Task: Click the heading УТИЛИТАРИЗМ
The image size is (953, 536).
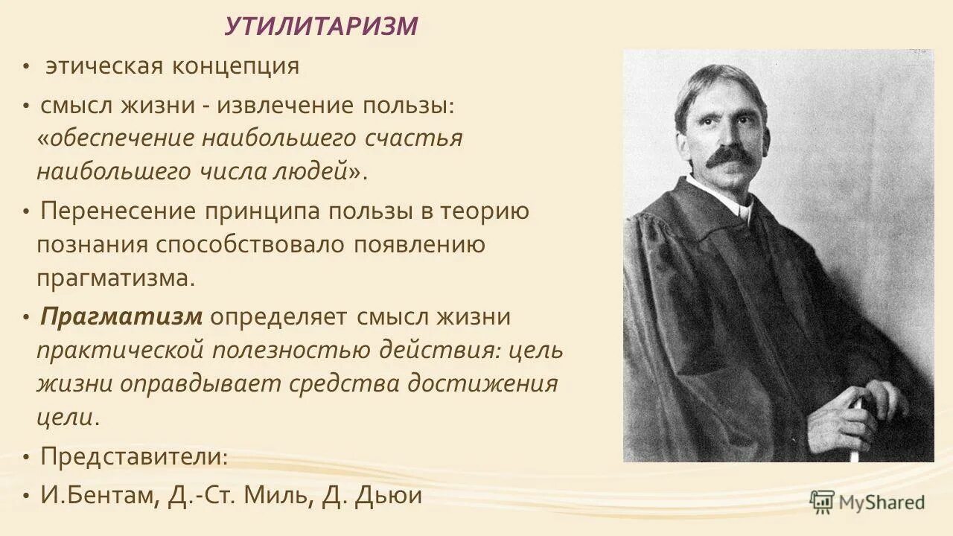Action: coord(322,26)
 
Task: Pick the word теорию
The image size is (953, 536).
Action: coord(484,211)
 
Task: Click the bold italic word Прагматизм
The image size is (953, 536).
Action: coord(121,316)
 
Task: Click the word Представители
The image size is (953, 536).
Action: coord(134,455)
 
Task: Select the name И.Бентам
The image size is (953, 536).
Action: coord(95,495)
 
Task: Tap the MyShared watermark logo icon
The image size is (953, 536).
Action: coord(822,501)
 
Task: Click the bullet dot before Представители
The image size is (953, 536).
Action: coord(27,456)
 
